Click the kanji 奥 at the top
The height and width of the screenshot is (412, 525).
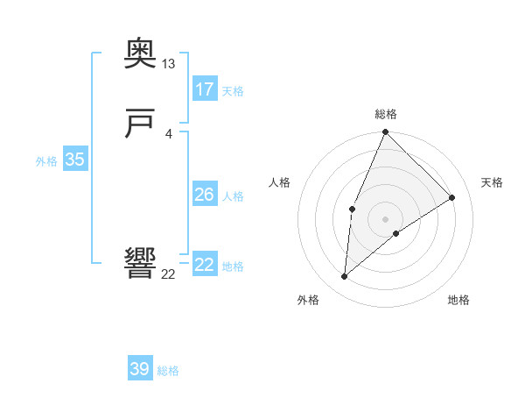point(140,55)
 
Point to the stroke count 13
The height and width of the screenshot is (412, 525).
point(169,64)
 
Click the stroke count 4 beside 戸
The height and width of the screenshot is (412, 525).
point(168,133)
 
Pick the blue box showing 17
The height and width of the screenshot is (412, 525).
point(205,89)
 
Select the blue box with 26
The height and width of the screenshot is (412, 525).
point(205,195)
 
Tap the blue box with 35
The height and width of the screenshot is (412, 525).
point(75,160)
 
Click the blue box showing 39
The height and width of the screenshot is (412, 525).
point(140,369)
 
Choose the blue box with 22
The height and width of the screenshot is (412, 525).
point(205,265)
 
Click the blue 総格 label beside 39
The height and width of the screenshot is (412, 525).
point(168,371)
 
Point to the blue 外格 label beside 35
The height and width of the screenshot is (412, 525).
point(46,160)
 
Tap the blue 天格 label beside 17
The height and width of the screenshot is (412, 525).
point(233,91)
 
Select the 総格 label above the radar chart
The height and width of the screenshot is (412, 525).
point(385,114)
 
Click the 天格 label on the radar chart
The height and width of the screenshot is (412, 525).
point(493,182)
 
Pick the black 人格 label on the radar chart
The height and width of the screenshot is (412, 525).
point(279,182)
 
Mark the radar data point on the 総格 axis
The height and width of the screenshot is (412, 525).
point(385,132)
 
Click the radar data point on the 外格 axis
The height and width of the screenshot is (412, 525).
point(345,276)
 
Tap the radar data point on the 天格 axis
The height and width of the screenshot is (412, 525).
point(452,197)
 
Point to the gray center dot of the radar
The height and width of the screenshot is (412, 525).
point(385,218)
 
